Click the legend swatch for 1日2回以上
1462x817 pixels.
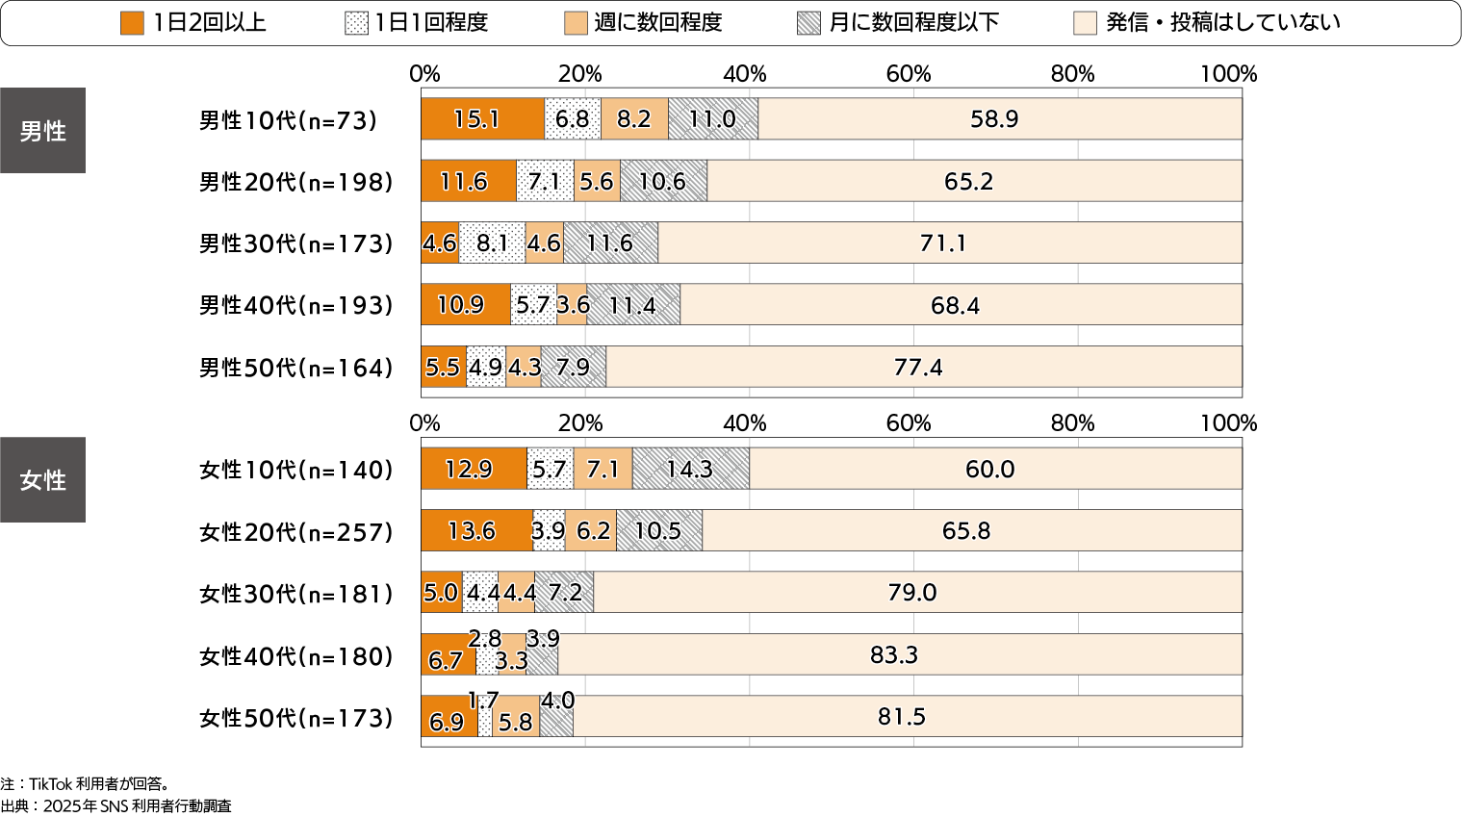(132, 23)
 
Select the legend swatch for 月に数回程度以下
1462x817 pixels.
(808, 23)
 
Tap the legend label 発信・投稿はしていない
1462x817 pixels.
(1222, 23)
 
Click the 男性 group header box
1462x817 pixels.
(42, 131)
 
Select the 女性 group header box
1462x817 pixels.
(42, 480)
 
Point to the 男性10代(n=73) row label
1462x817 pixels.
(288, 120)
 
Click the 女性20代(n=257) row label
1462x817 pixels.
(295, 532)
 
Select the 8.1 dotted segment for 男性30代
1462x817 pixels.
(492, 243)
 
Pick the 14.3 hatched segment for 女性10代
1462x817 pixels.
(690, 469)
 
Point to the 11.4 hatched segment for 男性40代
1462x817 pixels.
(633, 305)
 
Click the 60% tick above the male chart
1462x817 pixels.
(908, 74)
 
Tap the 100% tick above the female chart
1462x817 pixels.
(1229, 423)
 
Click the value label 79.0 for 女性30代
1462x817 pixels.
(911, 593)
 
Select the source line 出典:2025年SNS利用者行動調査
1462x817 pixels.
(115, 806)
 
